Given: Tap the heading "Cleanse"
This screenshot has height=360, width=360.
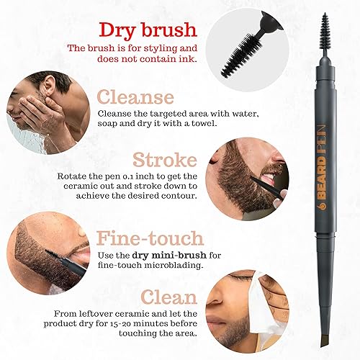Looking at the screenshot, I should tap(136, 97).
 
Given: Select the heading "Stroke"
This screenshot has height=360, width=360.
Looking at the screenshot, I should tap(165, 160).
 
